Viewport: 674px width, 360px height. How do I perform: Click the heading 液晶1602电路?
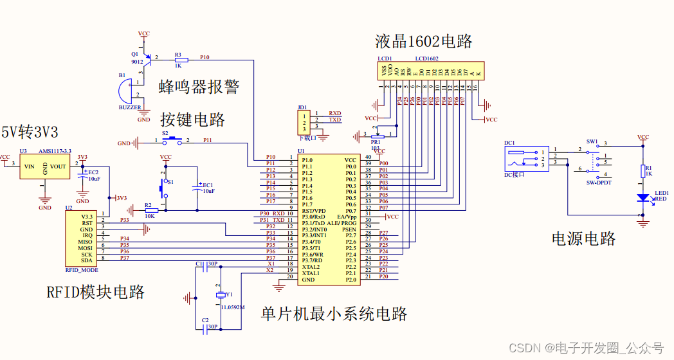point(424,42)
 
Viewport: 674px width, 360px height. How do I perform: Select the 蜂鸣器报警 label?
point(199,87)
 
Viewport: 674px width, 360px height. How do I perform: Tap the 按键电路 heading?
point(192,120)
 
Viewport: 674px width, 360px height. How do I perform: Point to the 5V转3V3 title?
point(30,133)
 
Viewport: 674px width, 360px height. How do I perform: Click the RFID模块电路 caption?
point(95,292)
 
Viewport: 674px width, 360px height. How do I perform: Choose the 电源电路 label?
point(583,239)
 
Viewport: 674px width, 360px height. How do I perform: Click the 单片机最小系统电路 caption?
point(334,314)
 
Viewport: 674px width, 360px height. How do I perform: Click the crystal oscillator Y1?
point(221,294)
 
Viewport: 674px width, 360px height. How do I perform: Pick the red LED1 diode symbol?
point(642,198)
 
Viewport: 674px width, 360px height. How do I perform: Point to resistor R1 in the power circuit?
point(642,170)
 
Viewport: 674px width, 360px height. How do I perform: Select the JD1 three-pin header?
point(304,121)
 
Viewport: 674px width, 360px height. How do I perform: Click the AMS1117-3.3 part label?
point(55,150)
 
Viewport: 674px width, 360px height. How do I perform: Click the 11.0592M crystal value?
point(232,307)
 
